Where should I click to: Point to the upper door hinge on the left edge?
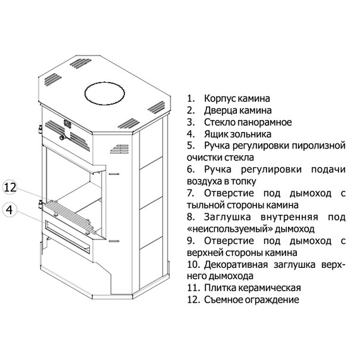pos(39,129)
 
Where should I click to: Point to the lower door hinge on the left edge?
pos(39,203)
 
